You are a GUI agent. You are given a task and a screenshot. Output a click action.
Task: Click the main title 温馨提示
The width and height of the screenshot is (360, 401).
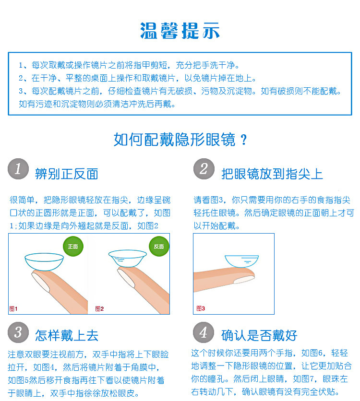[180, 31]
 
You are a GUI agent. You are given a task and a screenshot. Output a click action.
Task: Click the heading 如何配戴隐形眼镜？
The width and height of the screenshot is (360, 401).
[180, 140]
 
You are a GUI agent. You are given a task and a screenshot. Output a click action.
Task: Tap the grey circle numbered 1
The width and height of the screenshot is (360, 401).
[18, 169]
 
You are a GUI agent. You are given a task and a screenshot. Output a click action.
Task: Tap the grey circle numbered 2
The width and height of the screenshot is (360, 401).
[204, 169]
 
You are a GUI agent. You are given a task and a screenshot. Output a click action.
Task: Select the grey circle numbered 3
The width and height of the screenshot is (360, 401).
[18, 332]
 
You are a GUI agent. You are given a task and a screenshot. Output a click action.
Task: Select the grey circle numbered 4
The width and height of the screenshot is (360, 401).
[204, 332]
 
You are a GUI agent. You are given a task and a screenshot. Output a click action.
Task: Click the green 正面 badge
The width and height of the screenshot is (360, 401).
[73, 246]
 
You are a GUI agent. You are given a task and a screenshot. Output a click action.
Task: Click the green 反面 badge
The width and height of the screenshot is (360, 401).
[159, 246]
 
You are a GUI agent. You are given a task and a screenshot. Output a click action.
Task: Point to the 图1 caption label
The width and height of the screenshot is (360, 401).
[13, 309]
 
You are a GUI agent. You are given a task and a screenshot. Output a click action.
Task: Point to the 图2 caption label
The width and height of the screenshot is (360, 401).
[99, 309]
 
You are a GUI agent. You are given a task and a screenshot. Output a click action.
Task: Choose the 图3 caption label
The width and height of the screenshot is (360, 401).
[201, 308]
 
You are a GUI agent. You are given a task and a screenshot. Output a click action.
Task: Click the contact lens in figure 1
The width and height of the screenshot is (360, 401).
[44, 261]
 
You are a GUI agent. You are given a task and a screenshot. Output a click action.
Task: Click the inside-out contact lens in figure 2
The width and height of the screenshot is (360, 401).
[127, 258]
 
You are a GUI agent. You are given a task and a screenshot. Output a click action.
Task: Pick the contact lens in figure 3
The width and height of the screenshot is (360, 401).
[241, 261]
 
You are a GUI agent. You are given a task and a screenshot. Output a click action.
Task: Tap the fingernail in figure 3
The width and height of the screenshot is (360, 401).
[244, 280]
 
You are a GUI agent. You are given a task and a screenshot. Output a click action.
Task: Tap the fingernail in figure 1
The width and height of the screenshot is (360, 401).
[40, 282]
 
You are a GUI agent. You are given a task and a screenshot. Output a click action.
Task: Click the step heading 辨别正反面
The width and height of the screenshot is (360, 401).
[67, 174]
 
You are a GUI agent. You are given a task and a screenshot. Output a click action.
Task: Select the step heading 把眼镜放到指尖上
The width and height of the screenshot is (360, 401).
[272, 174]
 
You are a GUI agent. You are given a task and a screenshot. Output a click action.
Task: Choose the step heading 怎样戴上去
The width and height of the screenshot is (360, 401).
[67, 335]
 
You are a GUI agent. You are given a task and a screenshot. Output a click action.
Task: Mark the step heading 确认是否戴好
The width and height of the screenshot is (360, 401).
[259, 335]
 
